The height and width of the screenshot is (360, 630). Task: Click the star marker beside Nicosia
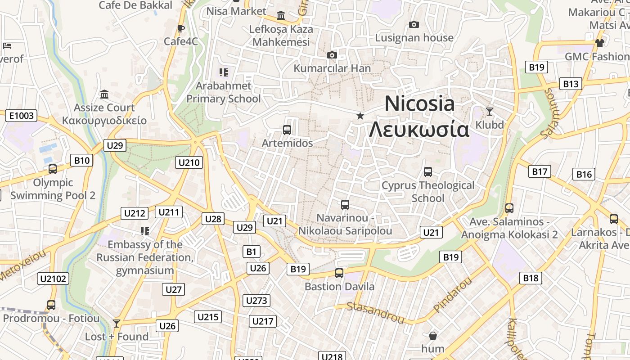click(x=360, y=116)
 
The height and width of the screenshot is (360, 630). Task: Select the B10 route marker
click(x=82, y=160)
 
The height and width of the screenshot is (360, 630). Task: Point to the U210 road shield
click(x=189, y=162)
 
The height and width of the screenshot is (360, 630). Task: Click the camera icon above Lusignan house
click(x=414, y=24)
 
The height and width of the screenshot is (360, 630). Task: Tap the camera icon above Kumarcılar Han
click(x=332, y=55)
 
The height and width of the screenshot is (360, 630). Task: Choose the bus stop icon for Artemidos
click(x=287, y=130)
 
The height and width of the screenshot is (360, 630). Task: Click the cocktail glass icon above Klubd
click(x=490, y=111)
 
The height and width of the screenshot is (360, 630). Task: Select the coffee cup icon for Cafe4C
click(x=181, y=29)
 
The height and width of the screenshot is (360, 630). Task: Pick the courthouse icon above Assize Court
click(x=105, y=94)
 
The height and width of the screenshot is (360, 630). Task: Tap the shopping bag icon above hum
click(x=432, y=336)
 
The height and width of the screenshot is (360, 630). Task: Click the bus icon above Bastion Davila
click(x=339, y=273)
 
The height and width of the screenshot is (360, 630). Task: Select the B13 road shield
click(x=570, y=84)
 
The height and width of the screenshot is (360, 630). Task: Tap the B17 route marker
click(x=540, y=171)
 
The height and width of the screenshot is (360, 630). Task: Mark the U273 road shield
click(x=257, y=300)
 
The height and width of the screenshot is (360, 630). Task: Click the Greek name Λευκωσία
click(x=419, y=130)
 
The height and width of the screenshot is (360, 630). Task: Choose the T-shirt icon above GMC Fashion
click(x=600, y=43)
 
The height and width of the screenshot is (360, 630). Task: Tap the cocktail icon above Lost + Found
click(x=117, y=323)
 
